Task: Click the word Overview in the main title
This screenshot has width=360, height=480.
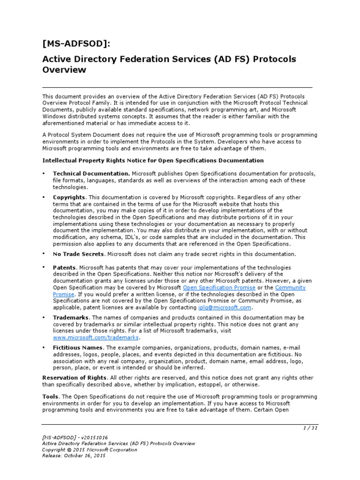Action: coord(64,70)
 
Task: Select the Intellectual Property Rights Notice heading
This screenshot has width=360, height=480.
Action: coord(153,160)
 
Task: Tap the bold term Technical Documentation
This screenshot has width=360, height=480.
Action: coord(91,173)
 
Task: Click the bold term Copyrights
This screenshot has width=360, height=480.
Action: coord(69,197)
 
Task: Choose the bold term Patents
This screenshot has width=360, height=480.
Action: coord(65,267)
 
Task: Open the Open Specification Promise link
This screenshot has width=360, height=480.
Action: coord(219,287)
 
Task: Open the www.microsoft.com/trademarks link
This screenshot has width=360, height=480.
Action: coord(96,337)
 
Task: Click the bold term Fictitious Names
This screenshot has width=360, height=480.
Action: coord(77,347)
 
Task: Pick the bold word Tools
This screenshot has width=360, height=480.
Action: coord(50,397)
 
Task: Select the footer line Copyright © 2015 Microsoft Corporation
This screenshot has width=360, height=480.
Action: coord(90,449)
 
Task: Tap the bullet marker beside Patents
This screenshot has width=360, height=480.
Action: coord(44,267)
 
